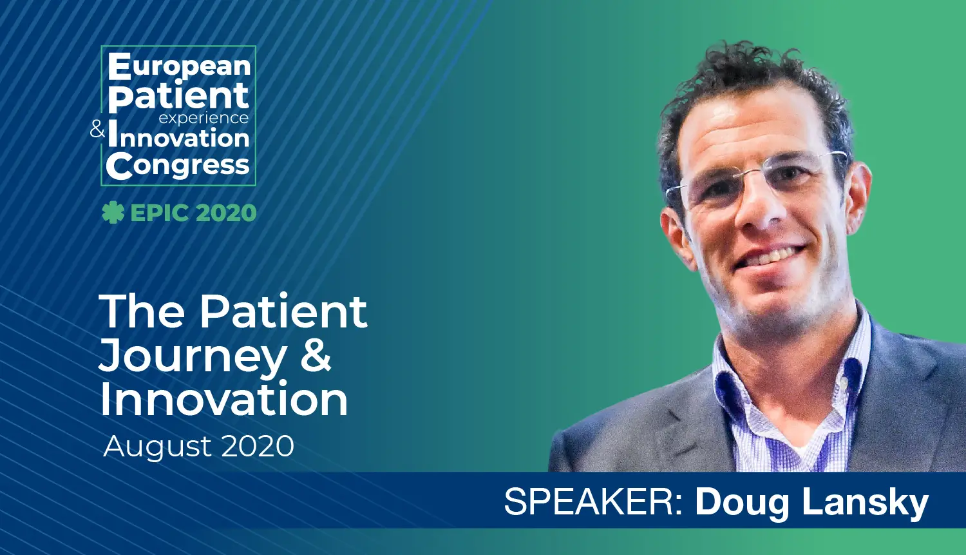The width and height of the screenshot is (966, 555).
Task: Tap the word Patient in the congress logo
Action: (x=178, y=97)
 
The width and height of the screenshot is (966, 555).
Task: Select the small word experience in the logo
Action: (x=204, y=118)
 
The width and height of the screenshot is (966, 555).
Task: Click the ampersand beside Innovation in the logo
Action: (x=97, y=129)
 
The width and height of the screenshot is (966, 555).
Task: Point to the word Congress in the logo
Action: (x=178, y=166)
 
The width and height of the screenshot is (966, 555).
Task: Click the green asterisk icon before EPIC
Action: (x=113, y=213)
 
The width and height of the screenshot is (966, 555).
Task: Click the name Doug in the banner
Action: (x=743, y=503)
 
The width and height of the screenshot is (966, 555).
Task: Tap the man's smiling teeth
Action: (x=774, y=255)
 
